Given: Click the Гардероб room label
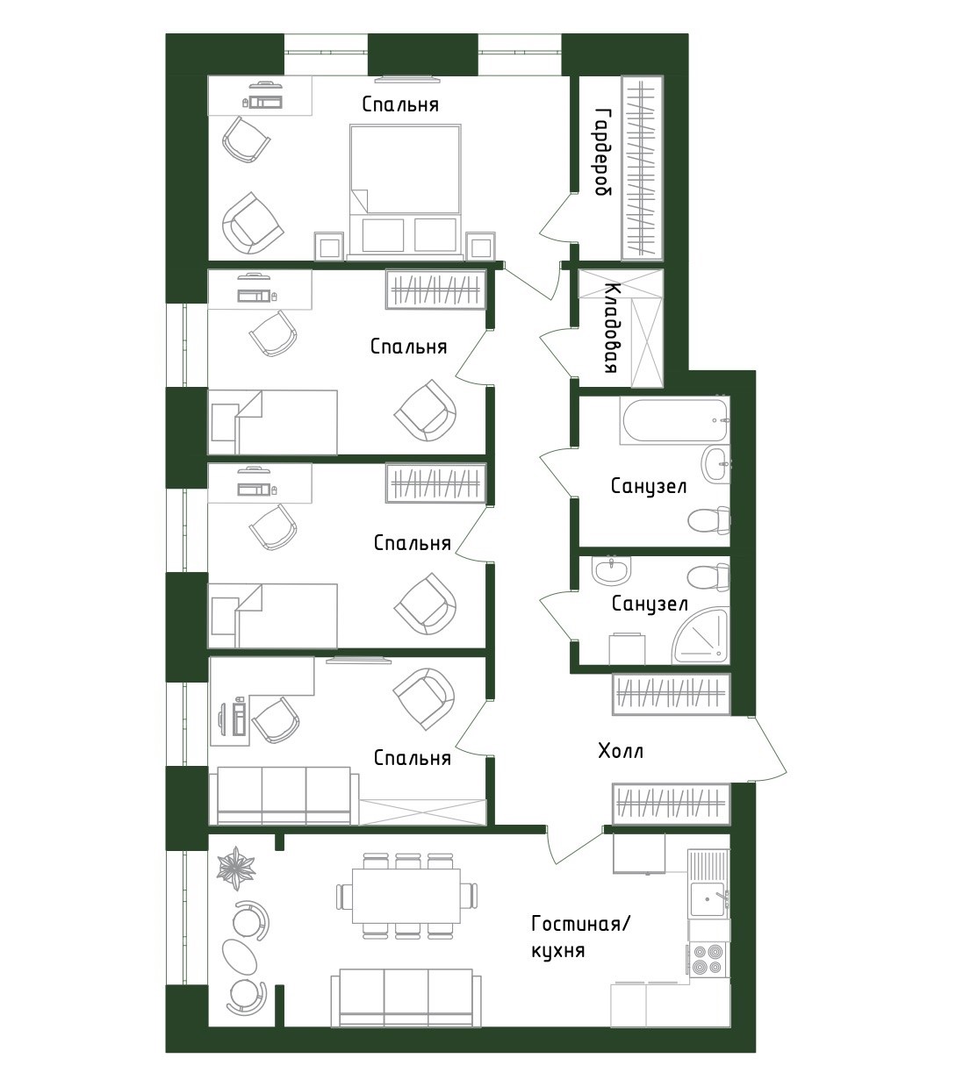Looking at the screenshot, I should (x=602, y=152).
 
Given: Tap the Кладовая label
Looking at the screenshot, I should (x=612, y=328).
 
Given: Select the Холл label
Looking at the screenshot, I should (x=620, y=752).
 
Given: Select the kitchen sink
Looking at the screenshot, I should (x=707, y=898).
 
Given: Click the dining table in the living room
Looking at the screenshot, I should (x=406, y=896).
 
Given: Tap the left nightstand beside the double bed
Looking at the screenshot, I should (x=328, y=247).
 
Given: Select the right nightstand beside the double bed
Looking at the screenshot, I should (x=480, y=247).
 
